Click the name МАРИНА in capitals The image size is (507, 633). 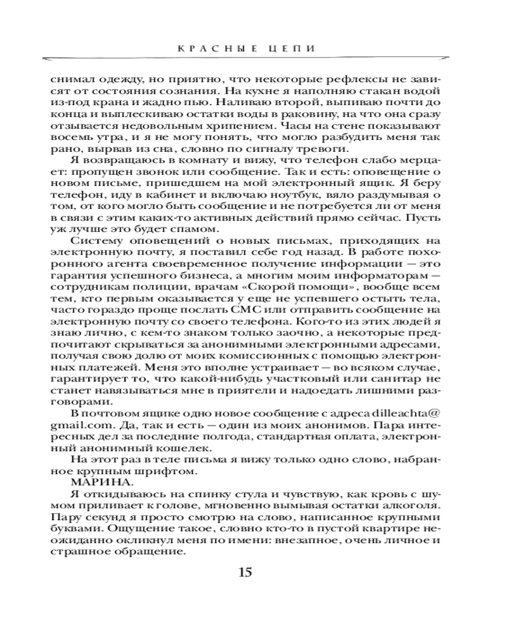coord(95,482)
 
